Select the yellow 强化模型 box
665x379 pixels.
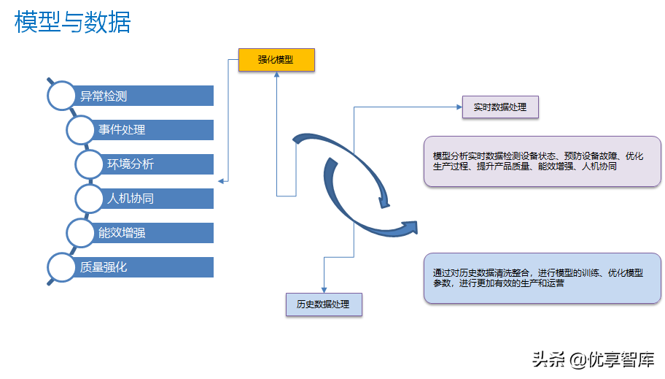[276, 60]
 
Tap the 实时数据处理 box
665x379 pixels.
[500, 107]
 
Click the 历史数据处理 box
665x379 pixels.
[323, 304]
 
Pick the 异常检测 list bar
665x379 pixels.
[142, 96]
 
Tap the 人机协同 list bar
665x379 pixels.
[157, 199]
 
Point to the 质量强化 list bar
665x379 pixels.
[142, 267]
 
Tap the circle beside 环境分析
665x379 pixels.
[90, 164]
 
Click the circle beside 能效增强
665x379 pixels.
[80, 232]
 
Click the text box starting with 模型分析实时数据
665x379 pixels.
[542, 161]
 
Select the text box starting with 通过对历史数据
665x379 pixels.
[542, 278]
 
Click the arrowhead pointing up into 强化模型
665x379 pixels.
[276, 77]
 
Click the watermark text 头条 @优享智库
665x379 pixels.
[592, 359]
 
